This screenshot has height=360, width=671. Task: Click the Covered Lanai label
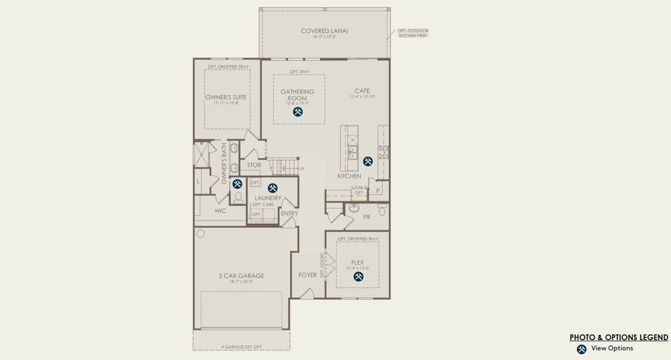324,31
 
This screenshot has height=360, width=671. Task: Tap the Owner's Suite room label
226,97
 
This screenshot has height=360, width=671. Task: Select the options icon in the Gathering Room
298,112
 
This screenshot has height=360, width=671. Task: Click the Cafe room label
362,91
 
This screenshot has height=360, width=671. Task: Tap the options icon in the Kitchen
368,161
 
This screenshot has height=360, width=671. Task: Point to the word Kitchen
349,176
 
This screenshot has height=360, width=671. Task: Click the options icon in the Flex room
359,277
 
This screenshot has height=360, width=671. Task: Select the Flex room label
357,262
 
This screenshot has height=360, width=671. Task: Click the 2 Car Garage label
241,276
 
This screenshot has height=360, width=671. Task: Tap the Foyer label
308,275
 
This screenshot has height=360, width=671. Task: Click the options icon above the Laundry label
273,188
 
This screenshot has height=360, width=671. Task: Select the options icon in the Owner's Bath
237,184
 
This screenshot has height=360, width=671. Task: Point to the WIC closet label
220,211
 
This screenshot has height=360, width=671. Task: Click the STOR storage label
254,165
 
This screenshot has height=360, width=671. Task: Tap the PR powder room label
366,217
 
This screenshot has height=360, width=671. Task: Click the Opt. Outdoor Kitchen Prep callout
413,33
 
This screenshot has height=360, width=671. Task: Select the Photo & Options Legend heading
619,337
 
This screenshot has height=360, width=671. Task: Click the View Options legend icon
581,349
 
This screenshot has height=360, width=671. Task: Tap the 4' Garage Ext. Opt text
241,347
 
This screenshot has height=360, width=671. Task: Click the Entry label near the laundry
289,214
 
